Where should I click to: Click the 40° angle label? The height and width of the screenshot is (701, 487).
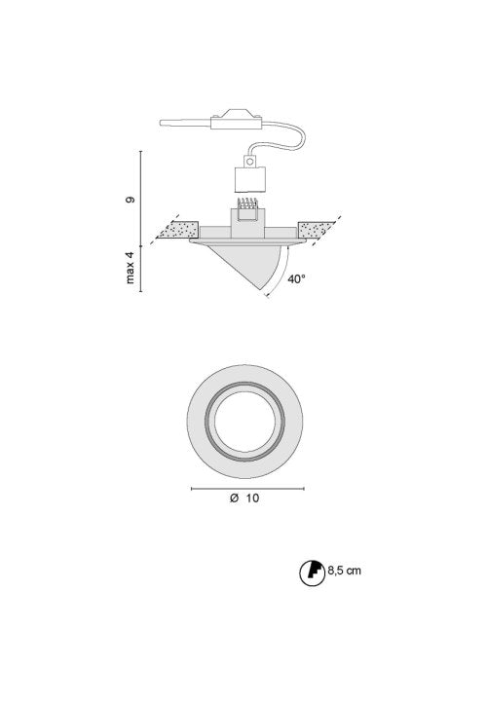297,278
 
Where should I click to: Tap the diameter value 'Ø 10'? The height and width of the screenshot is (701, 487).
245,498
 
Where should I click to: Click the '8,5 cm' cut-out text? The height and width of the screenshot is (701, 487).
344,570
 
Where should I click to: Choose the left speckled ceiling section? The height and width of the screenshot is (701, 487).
179,232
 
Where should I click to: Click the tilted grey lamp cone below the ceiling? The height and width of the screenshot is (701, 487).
249,261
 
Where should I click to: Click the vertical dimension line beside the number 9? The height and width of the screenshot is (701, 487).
143,195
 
